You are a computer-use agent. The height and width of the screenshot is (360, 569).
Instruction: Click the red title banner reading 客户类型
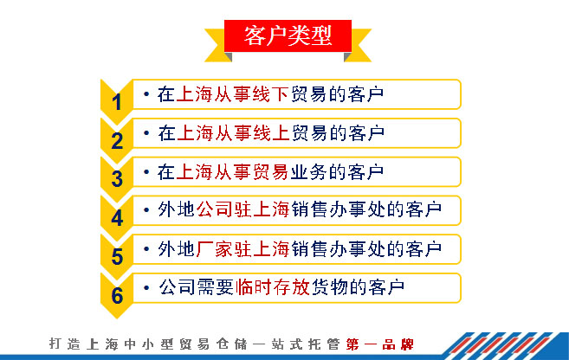[288, 35]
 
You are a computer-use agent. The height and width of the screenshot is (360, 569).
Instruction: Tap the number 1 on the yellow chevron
[117, 102]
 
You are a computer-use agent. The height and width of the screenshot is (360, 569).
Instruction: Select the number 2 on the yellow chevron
[117, 141]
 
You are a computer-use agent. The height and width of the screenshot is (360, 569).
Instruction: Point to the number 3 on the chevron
[117, 179]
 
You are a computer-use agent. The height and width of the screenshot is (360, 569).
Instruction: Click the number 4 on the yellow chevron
[117, 218]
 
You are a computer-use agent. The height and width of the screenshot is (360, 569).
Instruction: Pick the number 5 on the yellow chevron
[117, 257]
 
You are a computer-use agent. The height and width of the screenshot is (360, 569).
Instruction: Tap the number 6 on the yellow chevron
[117, 295]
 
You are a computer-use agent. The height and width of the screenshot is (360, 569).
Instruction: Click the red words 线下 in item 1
[270, 94]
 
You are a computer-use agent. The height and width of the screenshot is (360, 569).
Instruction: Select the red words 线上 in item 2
[271, 133]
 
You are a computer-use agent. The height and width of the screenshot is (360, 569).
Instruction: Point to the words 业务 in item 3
[308, 171]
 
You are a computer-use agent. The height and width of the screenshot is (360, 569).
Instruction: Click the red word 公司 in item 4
[214, 209]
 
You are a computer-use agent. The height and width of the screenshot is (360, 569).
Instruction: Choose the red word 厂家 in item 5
[214, 249]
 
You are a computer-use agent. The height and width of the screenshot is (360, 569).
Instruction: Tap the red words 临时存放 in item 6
[272, 287]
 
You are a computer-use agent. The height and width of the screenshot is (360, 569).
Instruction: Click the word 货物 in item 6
[329, 287]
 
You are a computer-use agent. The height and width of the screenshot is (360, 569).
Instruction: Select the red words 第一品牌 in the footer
[380, 344]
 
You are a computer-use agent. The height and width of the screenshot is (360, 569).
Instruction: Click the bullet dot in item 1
[146, 94]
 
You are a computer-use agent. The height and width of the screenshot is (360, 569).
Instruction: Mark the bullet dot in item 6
[146, 288]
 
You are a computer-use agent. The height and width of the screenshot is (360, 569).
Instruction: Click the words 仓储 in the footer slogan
[231, 344]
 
